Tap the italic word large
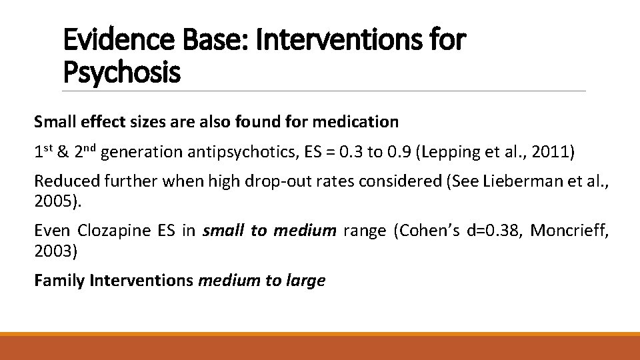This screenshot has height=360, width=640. click(x=305, y=281)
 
